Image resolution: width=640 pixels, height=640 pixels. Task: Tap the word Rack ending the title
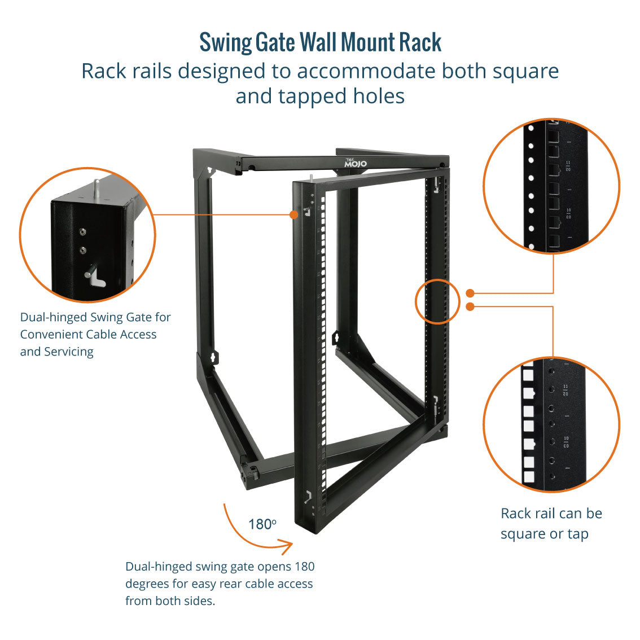pyautogui.click(x=420, y=42)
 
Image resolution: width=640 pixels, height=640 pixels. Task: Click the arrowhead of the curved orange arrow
pyautogui.click(x=288, y=546)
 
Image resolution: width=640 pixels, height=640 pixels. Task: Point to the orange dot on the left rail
pyautogui.click(x=293, y=214)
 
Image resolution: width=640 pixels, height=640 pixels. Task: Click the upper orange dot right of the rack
pyautogui.click(x=470, y=293)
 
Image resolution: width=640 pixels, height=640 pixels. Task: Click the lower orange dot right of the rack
pyautogui.click(x=470, y=306)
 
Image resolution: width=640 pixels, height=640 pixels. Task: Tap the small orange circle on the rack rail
pyautogui.click(x=434, y=301)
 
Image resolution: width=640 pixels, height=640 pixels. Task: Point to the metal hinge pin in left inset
pyautogui.click(x=97, y=187)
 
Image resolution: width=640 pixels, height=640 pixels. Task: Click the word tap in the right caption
pyautogui.click(x=577, y=534)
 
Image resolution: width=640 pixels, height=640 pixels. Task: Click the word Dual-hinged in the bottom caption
pyautogui.click(x=159, y=567)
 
